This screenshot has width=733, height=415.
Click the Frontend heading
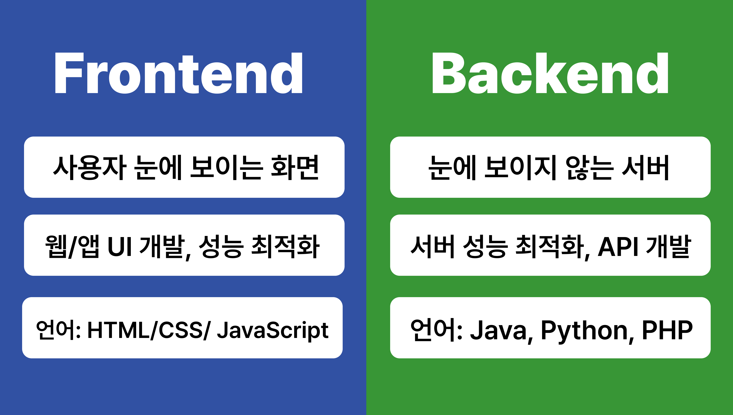pyautogui.click(x=178, y=73)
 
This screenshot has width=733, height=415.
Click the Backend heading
pyautogui.click(x=550, y=73)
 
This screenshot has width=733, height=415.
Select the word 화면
pyautogui.click(x=295, y=168)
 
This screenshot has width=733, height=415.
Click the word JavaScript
pyautogui.click(x=273, y=330)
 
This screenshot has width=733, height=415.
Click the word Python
pyautogui.click(x=584, y=331)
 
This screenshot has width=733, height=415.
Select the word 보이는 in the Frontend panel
pyautogui.click(x=225, y=168)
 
